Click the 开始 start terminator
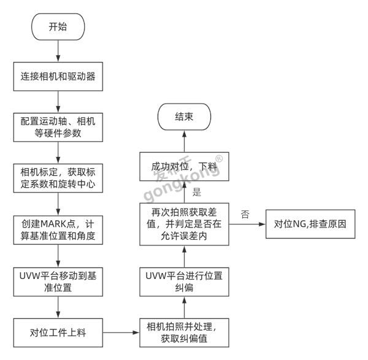click(58, 27)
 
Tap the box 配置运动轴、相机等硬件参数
click(58, 126)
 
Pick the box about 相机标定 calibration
click(58, 176)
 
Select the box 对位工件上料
click(58, 334)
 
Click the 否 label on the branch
click(245, 215)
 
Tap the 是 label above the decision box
click(197, 192)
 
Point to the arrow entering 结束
click(184, 141)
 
